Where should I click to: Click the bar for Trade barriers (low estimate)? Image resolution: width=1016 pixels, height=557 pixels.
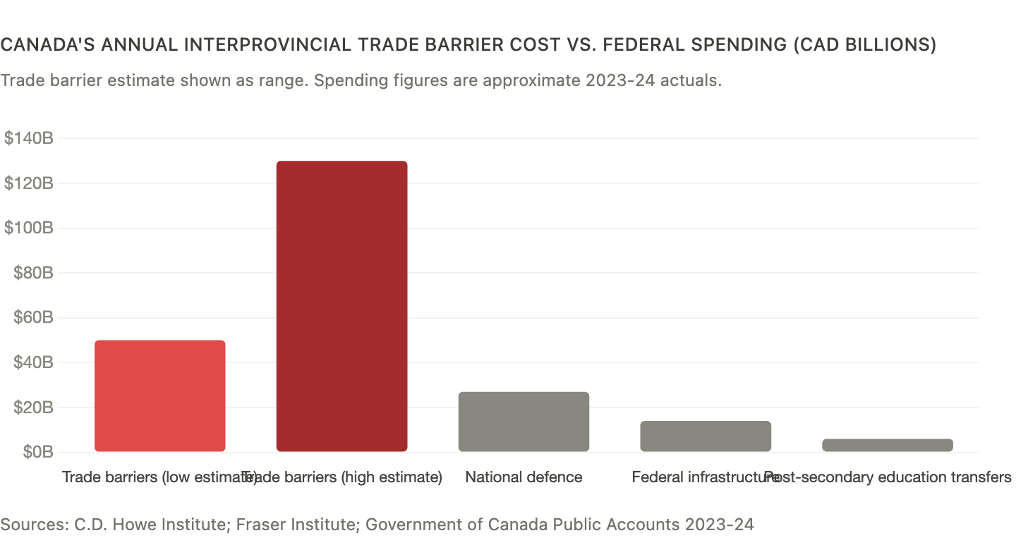coord(160,396)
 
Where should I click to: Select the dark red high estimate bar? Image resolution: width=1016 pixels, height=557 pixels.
coord(341,307)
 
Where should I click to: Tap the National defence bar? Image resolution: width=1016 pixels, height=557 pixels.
coord(524,422)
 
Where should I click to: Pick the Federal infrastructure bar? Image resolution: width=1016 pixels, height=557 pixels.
coord(706,436)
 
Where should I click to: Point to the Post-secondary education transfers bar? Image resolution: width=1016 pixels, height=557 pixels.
coord(887,445)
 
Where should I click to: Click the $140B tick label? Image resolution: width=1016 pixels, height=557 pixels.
coord(29,138)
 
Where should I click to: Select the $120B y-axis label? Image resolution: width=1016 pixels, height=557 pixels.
coord(29,183)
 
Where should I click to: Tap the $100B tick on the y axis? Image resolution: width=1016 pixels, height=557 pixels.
coord(29,228)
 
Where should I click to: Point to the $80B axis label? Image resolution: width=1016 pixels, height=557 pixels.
coord(32,273)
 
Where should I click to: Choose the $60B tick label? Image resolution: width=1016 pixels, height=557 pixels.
coord(32,318)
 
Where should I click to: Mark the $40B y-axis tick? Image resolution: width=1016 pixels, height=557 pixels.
coord(32,362)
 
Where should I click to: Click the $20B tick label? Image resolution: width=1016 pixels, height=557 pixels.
coord(32,408)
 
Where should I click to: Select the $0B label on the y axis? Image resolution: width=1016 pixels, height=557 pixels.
coord(37,452)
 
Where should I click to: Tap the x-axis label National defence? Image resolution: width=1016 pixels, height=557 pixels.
coord(524,477)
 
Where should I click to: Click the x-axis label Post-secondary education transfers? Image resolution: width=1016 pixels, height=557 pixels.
coord(889,477)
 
